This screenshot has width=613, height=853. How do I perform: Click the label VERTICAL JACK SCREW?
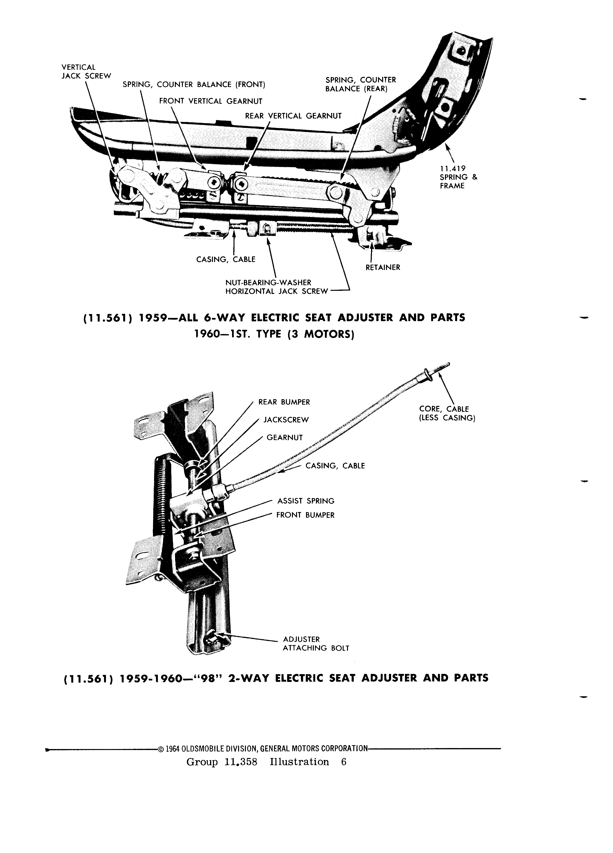pos(86,71)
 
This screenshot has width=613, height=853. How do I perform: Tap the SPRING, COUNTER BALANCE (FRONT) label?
pos(194,85)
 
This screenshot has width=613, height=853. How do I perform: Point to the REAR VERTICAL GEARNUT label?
pos(293,116)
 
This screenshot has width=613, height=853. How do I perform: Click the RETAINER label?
pos(383,267)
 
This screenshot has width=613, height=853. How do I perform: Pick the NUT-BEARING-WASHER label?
pos(268,282)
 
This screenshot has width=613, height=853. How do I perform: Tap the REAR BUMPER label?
pos(284,402)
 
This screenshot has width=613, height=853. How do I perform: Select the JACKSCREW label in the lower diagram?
pos(286,420)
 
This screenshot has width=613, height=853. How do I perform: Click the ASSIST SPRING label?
pos(306,501)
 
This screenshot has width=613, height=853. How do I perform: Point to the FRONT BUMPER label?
pos(305,515)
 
